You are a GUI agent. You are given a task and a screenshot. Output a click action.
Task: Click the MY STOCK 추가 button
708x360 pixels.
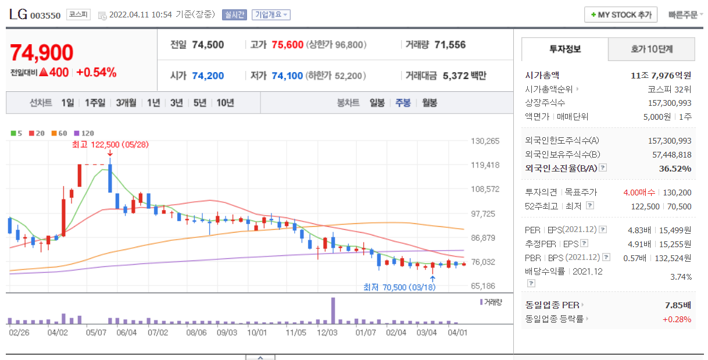coord(621,15)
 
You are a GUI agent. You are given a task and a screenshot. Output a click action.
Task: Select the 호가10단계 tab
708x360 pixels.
coord(652,49)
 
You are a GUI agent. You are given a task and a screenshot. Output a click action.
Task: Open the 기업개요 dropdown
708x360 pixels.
coord(271,15)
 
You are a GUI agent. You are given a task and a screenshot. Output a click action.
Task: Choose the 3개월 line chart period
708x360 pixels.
coord(126,103)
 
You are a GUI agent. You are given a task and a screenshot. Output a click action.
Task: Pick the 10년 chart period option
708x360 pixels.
coord(225,103)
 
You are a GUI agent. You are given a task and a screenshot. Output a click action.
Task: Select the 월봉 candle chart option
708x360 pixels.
coord(430,103)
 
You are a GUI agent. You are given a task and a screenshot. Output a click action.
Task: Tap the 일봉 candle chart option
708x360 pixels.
coord(377,103)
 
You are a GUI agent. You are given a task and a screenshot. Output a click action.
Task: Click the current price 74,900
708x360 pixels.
coord(42,52)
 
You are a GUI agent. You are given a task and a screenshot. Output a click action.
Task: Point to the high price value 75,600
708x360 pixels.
coord(287,45)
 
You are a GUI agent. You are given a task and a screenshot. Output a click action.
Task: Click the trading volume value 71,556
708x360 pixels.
coord(450,45)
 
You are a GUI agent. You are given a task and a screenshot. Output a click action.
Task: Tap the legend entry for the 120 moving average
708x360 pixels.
coord(84,133)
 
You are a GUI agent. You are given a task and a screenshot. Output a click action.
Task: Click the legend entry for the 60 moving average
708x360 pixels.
coord(59,133)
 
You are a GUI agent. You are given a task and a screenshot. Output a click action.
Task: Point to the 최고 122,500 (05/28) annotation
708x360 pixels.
coord(110,145)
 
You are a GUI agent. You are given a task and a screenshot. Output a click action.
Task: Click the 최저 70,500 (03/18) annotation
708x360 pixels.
coord(399,287)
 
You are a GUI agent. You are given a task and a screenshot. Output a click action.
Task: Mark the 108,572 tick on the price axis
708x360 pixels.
coord(485,189)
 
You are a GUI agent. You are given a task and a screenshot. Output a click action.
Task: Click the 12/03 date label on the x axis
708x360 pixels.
coord(327,333)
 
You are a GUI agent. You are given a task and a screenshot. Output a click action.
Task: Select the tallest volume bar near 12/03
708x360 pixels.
coord(333,311)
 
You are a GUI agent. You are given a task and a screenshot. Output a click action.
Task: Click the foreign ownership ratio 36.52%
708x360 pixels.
coord(675,169)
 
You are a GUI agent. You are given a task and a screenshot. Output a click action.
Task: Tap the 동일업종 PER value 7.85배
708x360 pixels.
coord(678,305)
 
